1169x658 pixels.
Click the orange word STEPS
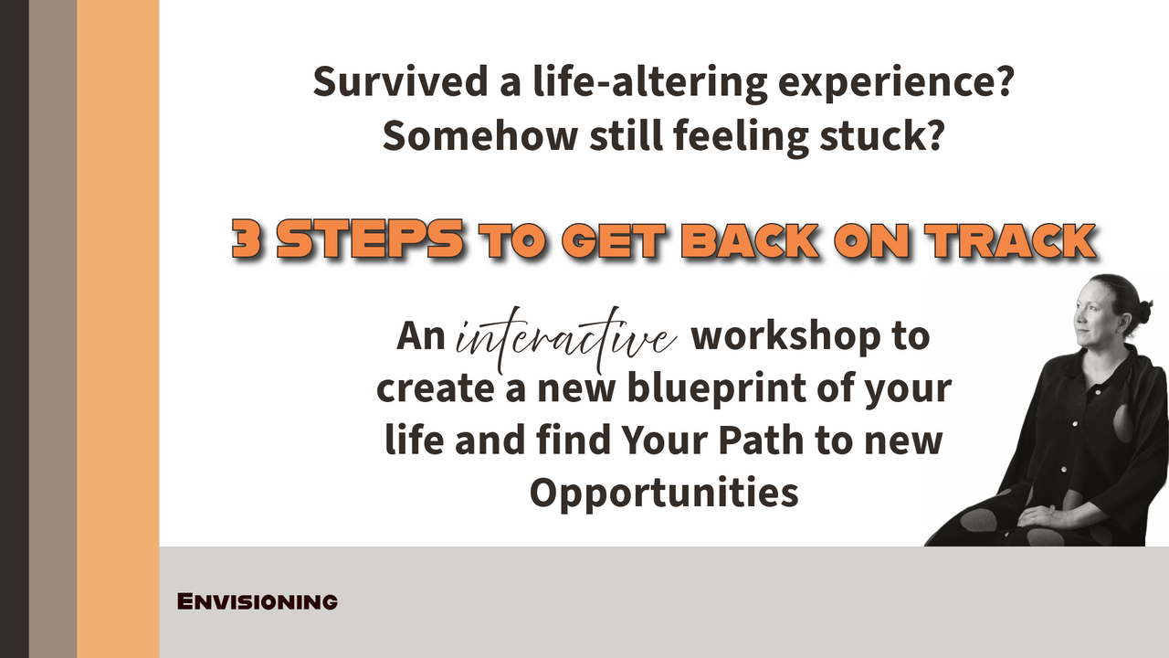[x=371, y=240]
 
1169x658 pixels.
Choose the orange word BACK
[x=748, y=240]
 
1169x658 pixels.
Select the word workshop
[x=782, y=336]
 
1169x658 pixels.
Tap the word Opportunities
[x=664, y=493]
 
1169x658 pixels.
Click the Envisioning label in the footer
[x=257, y=602]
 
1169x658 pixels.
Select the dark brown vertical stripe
[x=14, y=329]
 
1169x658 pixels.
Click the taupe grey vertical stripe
[x=52, y=329]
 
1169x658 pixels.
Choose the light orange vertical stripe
[x=118, y=329]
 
